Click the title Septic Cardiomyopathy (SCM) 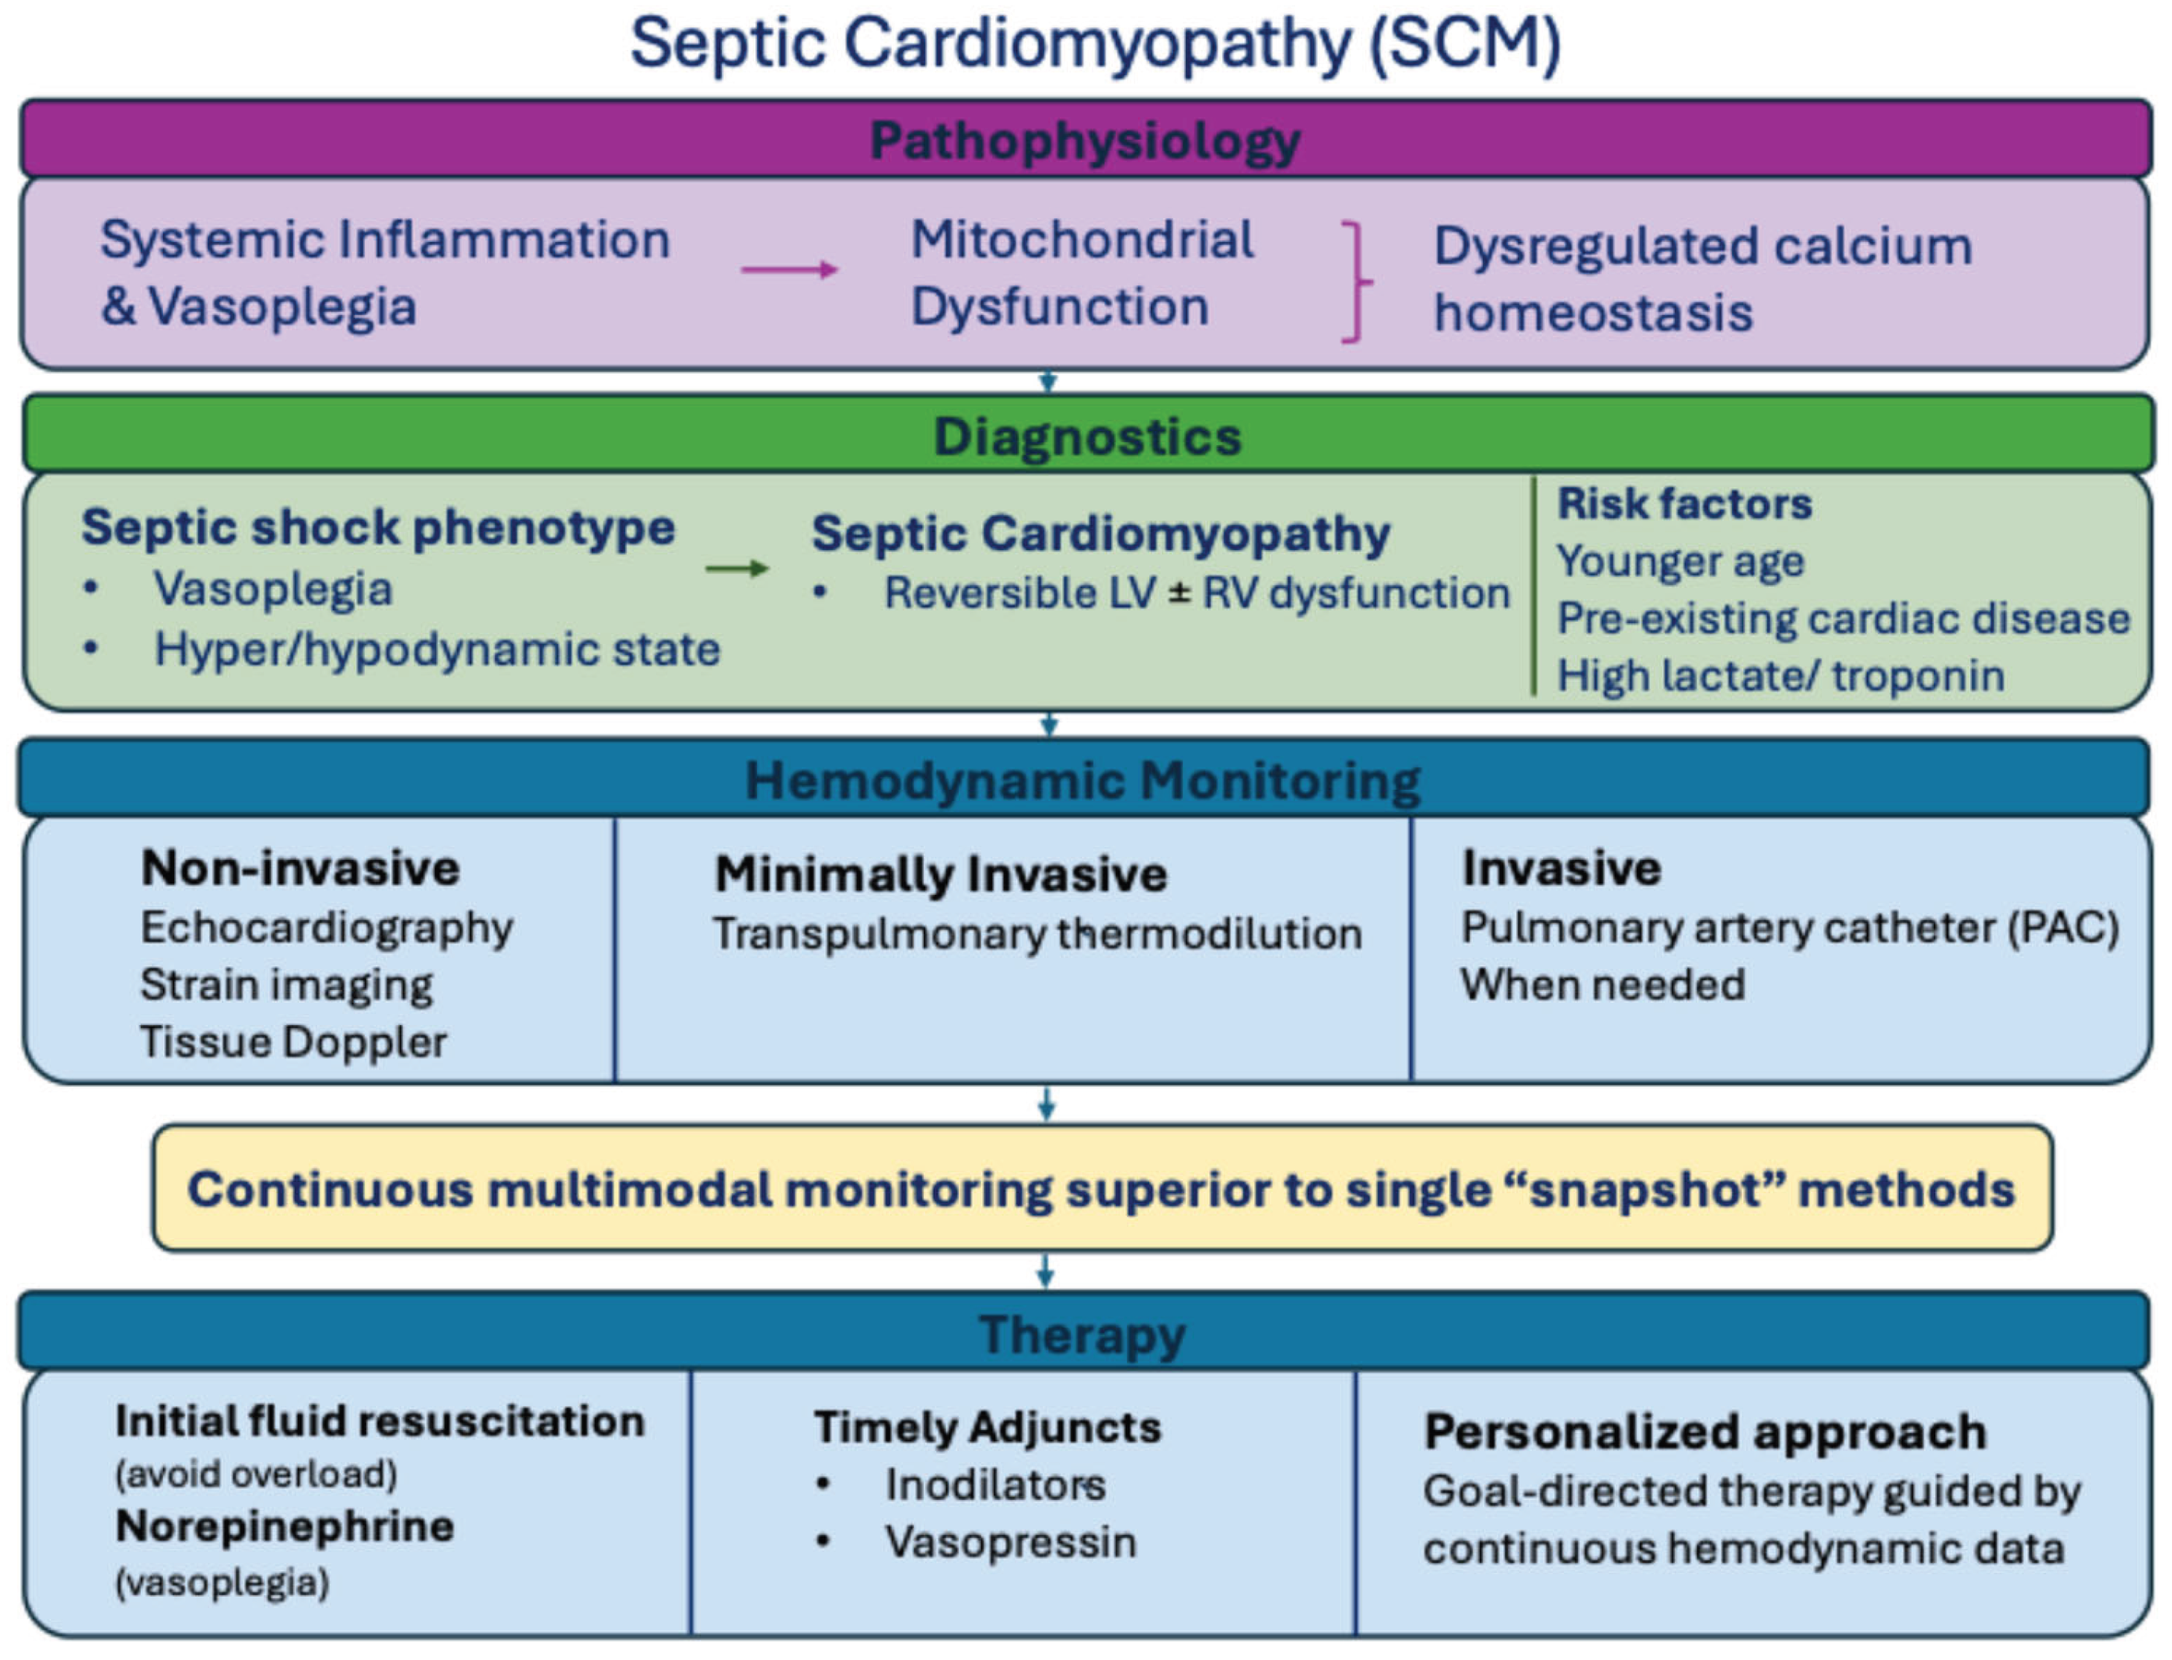[1095, 45]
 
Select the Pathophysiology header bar [1085, 139]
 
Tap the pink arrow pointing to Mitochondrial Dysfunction [788, 269]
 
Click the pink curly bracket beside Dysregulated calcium [1355, 283]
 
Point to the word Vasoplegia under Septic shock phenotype [272, 590]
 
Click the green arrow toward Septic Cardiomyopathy [736, 568]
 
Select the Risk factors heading [1684, 504]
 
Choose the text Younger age [1680, 561]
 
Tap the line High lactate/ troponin [1780, 676]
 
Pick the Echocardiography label [326, 928]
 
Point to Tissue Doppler [293, 1042]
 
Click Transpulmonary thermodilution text [1038, 933]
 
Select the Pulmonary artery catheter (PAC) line [1789, 928]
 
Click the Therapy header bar [1083, 1334]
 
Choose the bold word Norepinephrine [284, 1527]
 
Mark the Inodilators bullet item [994, 1484]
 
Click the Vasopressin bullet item [1010, 1542]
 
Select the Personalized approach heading [1705, 1431]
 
